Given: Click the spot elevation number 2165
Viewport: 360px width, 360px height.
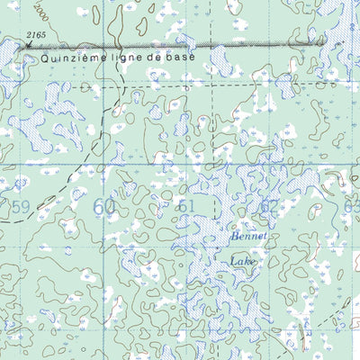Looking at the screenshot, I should click(37, 34).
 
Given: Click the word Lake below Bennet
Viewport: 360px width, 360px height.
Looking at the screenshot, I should click(241, 262).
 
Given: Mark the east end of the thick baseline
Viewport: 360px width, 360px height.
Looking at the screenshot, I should click(321, 41).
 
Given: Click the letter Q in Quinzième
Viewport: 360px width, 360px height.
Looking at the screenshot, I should click(45, 56).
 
